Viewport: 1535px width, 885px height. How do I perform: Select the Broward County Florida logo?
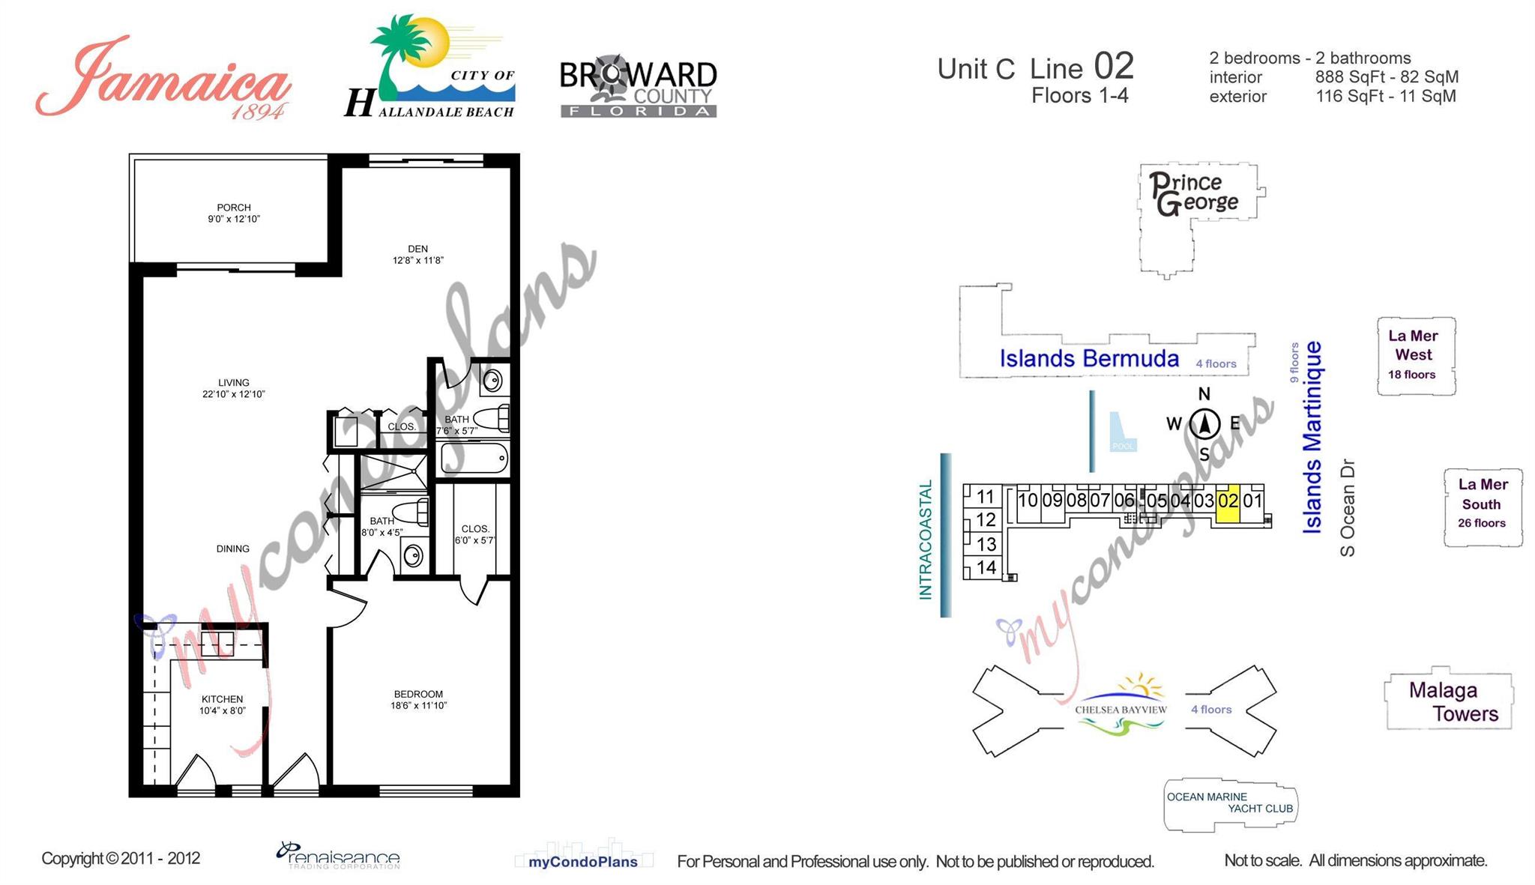coord(638,88)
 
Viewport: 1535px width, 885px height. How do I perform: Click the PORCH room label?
coord(234,213)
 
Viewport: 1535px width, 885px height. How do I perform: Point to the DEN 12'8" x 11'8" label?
coord(417,254)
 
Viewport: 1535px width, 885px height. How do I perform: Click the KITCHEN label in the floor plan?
coord(222,704)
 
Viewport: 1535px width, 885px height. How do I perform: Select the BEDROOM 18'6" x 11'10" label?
coord(418,699)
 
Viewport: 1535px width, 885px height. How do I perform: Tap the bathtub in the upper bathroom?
coord(474,458)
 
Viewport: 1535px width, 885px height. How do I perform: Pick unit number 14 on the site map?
coord(986,567)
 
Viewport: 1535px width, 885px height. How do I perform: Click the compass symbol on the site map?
coord(1204,424)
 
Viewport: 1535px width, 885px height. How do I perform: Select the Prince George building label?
coord(1194,193)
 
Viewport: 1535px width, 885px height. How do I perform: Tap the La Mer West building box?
coord(1415,355)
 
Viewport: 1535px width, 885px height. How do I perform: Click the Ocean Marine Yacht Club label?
coord(1229,803)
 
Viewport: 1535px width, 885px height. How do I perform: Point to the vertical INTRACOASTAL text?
coord(926,540)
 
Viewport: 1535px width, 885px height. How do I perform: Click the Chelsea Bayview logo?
coord(1121,705)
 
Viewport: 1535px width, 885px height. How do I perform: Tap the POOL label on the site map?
coord(1123,446)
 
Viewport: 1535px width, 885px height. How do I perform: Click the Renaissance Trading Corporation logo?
coord(339,856)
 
